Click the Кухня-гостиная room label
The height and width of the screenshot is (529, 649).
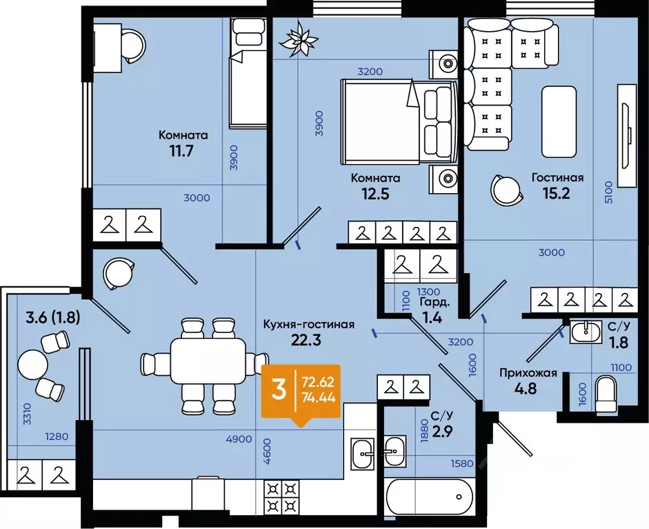[309, 324]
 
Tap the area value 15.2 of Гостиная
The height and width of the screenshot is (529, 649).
[557, 193]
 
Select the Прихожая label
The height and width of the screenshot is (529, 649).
[528, 373]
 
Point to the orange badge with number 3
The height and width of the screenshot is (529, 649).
[301, 392]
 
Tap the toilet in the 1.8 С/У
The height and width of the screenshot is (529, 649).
[606, 394]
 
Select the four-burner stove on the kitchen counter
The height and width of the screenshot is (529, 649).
[281, 497]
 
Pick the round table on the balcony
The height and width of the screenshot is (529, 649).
[32, 365]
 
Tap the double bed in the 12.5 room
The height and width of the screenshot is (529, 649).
[399, 121]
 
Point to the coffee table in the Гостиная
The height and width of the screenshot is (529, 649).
[559, 121]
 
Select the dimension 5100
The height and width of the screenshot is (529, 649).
[608, 192]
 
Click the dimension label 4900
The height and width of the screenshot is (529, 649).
[239, 439]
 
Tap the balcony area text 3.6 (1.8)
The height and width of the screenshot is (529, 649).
[53, 318]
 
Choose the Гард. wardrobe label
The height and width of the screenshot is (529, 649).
[435, 302]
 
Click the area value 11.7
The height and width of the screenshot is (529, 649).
[181, 150]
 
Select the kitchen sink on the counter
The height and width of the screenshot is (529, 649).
[363, 454]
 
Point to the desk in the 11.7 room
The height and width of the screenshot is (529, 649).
[107, 48]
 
